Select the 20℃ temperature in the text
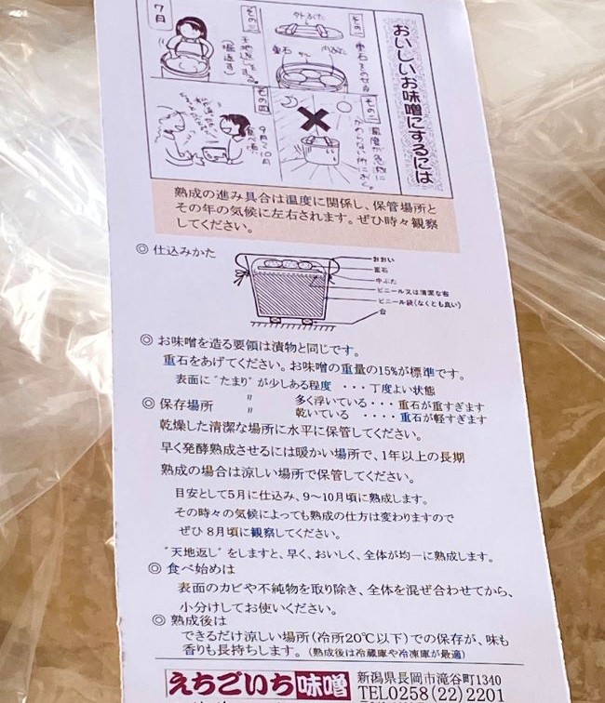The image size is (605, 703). [x=383, y=639]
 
